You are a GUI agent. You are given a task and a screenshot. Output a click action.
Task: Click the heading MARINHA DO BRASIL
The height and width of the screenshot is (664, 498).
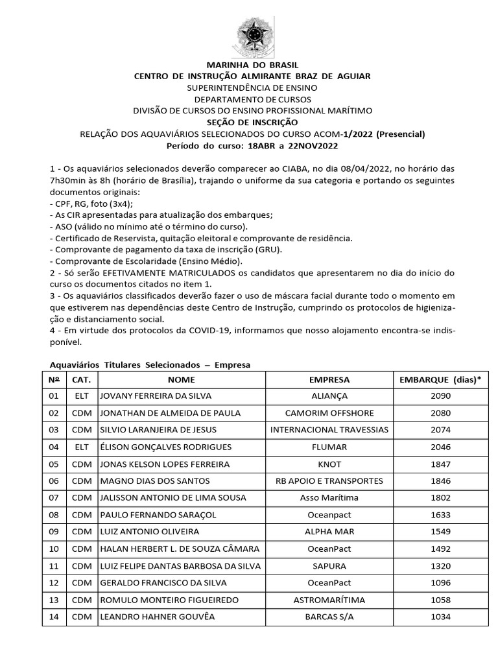pos(252,65)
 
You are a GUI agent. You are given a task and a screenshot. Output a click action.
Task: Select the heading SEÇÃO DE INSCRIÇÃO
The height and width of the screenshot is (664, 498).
pos(252,122)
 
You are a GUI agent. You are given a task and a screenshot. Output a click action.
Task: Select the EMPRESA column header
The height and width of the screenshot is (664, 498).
pos(329,379)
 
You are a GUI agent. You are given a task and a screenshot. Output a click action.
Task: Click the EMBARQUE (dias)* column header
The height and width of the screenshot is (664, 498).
pos(440,379)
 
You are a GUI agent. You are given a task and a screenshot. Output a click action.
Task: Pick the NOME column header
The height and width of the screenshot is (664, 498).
pos(181,379)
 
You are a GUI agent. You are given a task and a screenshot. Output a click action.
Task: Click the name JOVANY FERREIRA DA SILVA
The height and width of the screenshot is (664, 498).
pos(156,396)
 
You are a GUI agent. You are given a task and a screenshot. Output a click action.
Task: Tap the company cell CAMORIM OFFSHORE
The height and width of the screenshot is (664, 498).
pos(329,413)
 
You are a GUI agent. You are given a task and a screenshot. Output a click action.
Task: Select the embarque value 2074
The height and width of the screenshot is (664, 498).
pos(440,430)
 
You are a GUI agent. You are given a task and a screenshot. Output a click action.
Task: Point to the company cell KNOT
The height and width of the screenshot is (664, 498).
pos(329,464)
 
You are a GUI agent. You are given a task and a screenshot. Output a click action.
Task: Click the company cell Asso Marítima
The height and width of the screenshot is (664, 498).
pos(329,498)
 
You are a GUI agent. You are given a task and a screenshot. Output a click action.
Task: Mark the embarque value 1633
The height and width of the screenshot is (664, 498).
pos(440,515)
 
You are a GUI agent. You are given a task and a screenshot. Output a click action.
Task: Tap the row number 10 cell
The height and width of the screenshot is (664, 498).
pos(54,549)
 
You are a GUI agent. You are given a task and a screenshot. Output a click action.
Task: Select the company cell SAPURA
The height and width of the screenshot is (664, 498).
pos(329,566)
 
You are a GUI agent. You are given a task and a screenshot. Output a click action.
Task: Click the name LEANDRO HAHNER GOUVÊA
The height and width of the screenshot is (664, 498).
pos(158,617)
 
